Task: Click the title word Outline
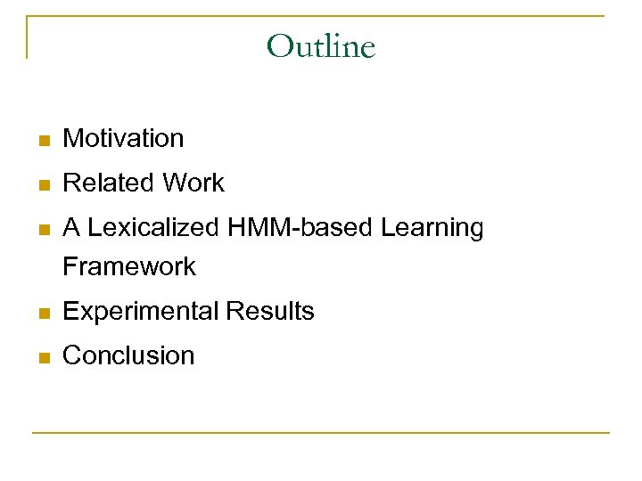click(x=321, y=45)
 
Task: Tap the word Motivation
click(x=123, y=139)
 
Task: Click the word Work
click(x=193, y=183)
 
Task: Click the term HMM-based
click(x=301, y=228)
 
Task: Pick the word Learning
click(x=432, y=228)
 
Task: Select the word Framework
click(x=129, y=266)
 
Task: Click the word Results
click(x=270, y=312)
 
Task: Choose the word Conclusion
click(x=128, y=355)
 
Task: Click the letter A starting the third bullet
click(x=71, y=228)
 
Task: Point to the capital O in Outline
click(x=280, y=45)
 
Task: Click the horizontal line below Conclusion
click(x=321, y=433)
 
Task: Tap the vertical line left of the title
click(x=27, y=37)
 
